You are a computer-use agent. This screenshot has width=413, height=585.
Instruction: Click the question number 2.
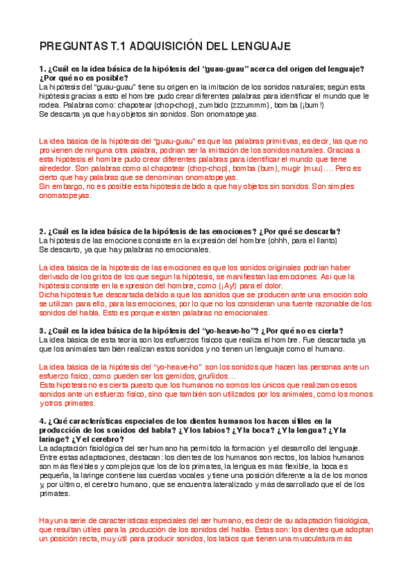point(41,231)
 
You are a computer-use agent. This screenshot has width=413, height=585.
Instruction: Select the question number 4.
point(41,421)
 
